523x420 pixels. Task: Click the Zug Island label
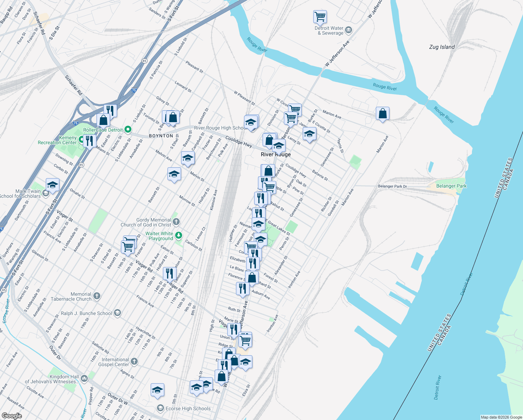pos(442,47)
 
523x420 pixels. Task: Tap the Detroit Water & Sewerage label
pos(329,30)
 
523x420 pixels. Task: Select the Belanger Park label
pos(451,186)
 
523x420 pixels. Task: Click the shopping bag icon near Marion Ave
pos(382,114)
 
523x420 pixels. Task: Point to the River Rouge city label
pos(276,154)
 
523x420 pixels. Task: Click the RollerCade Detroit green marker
pos(128,129)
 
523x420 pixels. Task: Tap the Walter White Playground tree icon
pos(179,235)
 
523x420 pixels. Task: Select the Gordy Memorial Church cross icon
pos(176,221)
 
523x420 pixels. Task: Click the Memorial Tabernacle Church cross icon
pos(97,296)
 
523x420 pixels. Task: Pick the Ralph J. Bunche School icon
pos(117,313)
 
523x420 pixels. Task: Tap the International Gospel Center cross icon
pos(134,361)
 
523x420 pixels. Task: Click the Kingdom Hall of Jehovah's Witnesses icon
pos(84,378)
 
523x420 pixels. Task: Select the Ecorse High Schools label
pos(188,408)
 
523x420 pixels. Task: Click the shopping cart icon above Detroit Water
pos(320,16)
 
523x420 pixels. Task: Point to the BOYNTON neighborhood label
pos(161,136)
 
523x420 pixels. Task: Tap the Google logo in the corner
pos(12,415)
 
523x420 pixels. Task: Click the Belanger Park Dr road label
pos(392,186)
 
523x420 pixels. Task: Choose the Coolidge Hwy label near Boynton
pos(238,141)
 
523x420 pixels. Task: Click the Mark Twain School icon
pos(45,194)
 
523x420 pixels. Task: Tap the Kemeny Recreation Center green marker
pos(81,140)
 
